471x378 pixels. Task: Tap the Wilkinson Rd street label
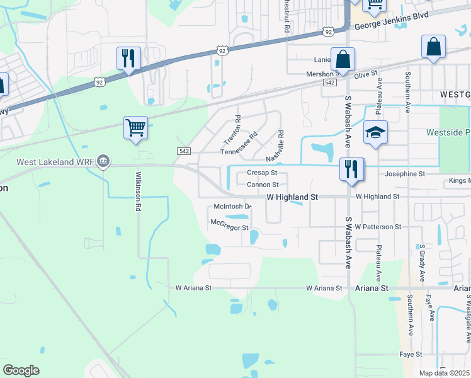tap(138, 191)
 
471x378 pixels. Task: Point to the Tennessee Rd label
tap(239, 144)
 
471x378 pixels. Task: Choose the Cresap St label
tap(262, 172)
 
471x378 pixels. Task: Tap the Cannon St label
tap(263, 185)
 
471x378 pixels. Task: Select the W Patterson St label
tap(378, 226)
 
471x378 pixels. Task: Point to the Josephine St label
tap(405, 173)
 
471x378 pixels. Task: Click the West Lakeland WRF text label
tap(55, 162)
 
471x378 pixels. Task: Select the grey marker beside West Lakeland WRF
tap(104, 162)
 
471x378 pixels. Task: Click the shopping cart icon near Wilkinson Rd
tap(135, 128)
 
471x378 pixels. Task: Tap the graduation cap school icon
tap(375, 132)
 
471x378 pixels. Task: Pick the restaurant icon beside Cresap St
tap(351, 169)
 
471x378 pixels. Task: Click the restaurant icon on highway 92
tap(128, 59)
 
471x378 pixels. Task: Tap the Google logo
tap(21, 370)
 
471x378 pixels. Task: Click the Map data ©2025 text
tap(444, 373)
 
